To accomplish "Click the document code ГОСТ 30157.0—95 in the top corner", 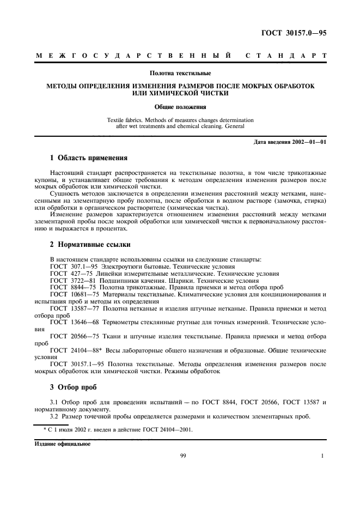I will tap(295, 33).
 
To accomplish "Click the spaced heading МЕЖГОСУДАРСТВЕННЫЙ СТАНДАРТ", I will tap(181, 56).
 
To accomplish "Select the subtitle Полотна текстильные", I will tap(180, 73).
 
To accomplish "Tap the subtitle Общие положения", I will tap(180, 107).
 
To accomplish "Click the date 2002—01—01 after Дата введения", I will tap(309, 143).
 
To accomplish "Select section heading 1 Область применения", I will tap(89, 159).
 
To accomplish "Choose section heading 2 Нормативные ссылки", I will tap(90, 244).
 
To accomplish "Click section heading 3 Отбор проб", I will tap(73, 387).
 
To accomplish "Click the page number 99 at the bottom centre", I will tap(183, 456).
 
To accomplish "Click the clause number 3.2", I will tap(54, 417).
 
